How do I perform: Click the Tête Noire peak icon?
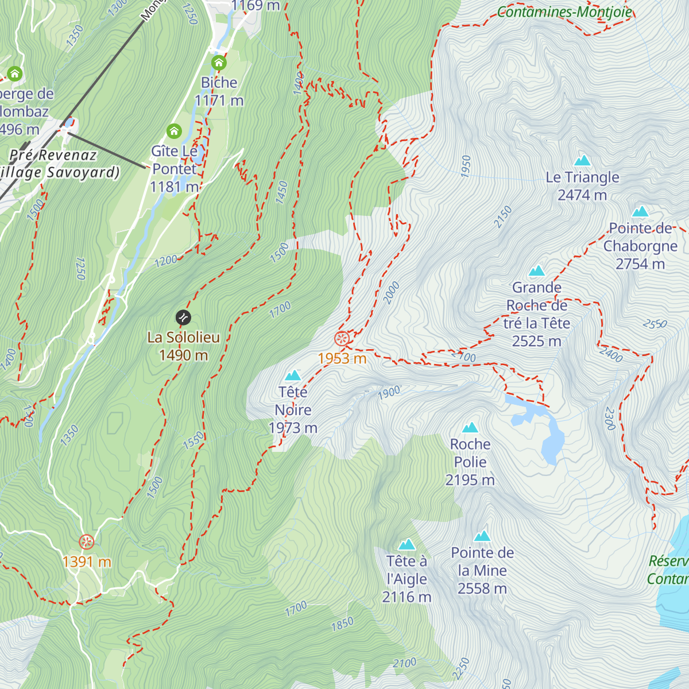(x=293, y=376)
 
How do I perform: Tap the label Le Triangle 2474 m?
(x=582, y=186)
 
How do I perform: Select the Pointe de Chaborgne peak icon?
(x=640, y=212)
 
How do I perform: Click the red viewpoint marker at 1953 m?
(x=342, y=339)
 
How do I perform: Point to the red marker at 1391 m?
(x=86, y=541)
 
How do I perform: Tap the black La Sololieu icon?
(x=183, y=317)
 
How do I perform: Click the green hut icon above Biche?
(x=219, y=63)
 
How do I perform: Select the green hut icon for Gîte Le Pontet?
(x=174, y=131)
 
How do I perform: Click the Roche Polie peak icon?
(x=470, y=428)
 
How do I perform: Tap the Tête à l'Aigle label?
(x=407, y=579)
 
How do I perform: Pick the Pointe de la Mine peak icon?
(x=482, y=536)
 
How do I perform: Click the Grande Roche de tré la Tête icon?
(x=537, y=270)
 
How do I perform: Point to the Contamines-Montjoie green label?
(x=564, y=11)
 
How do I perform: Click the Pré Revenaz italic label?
(x=53, y=155)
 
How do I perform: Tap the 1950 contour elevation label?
(x=466, y=166)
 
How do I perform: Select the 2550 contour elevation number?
(x=655, y=324)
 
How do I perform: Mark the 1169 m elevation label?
(x=256, y=6)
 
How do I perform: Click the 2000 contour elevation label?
(x=391, y=293)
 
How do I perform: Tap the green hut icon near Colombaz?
(x=14, y=73)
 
